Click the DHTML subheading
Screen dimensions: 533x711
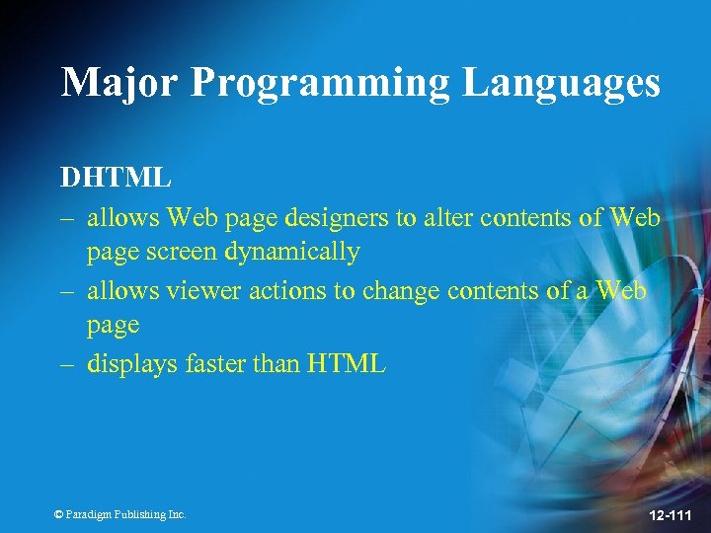116,178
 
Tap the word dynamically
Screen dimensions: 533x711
291,253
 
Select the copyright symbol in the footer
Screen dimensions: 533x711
58,514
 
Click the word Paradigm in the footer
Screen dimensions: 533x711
88,514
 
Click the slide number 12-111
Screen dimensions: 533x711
670,513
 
